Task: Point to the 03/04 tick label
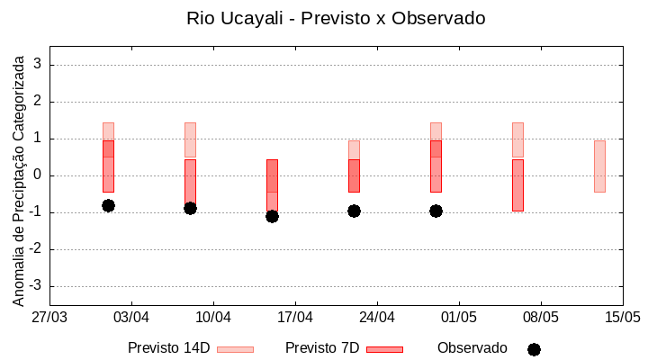tap(131, 317)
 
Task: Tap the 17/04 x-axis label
tap(295, 317)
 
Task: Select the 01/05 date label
tap(459, 317)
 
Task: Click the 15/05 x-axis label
tap(622, 317)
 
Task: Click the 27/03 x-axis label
tap(49, 317)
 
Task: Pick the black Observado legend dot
tap(534, 349)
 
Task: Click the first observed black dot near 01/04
tap(108, 205)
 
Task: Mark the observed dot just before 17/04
tap(272, 216)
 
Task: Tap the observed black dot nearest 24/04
tap(354, 211)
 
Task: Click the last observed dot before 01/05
tap(436, 211)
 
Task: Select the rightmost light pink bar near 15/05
tap(599, 166)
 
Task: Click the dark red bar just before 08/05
tap(517, 185)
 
